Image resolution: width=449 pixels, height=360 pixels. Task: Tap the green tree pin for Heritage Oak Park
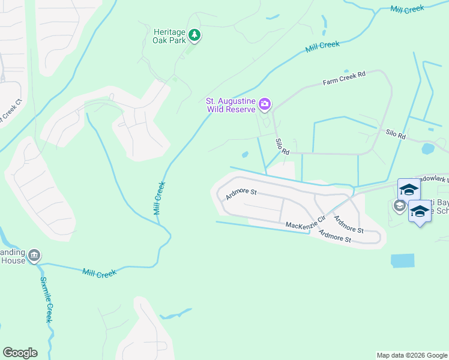[x=194, y=36]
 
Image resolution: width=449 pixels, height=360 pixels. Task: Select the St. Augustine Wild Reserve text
[x=231, y=105]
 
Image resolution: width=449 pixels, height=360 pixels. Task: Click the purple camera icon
[x=265, y=106]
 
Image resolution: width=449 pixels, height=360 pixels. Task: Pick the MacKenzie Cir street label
[x=305, y=223]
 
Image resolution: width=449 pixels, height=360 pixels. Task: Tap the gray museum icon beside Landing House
[x=34, y=256]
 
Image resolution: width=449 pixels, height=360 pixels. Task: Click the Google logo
[x=20, y=353]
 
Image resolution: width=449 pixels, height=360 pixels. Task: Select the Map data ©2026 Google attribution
[x=411, y=355]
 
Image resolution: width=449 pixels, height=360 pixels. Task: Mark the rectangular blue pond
[x=402, y=260]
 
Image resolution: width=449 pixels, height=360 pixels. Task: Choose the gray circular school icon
[x=399, y=206]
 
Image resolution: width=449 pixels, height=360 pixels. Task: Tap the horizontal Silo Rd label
[x=396, y=136]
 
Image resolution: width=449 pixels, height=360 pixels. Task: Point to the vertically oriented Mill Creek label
[x=159, y=199]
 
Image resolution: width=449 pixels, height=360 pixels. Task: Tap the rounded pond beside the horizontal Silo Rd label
[x=428, y=149]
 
